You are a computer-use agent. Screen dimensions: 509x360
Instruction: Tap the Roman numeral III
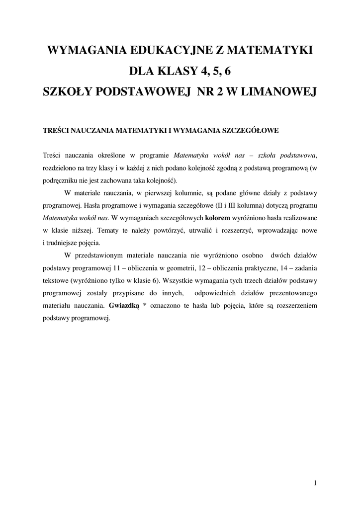[233, 205]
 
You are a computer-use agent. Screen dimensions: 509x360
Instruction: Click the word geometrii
[181, 268]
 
